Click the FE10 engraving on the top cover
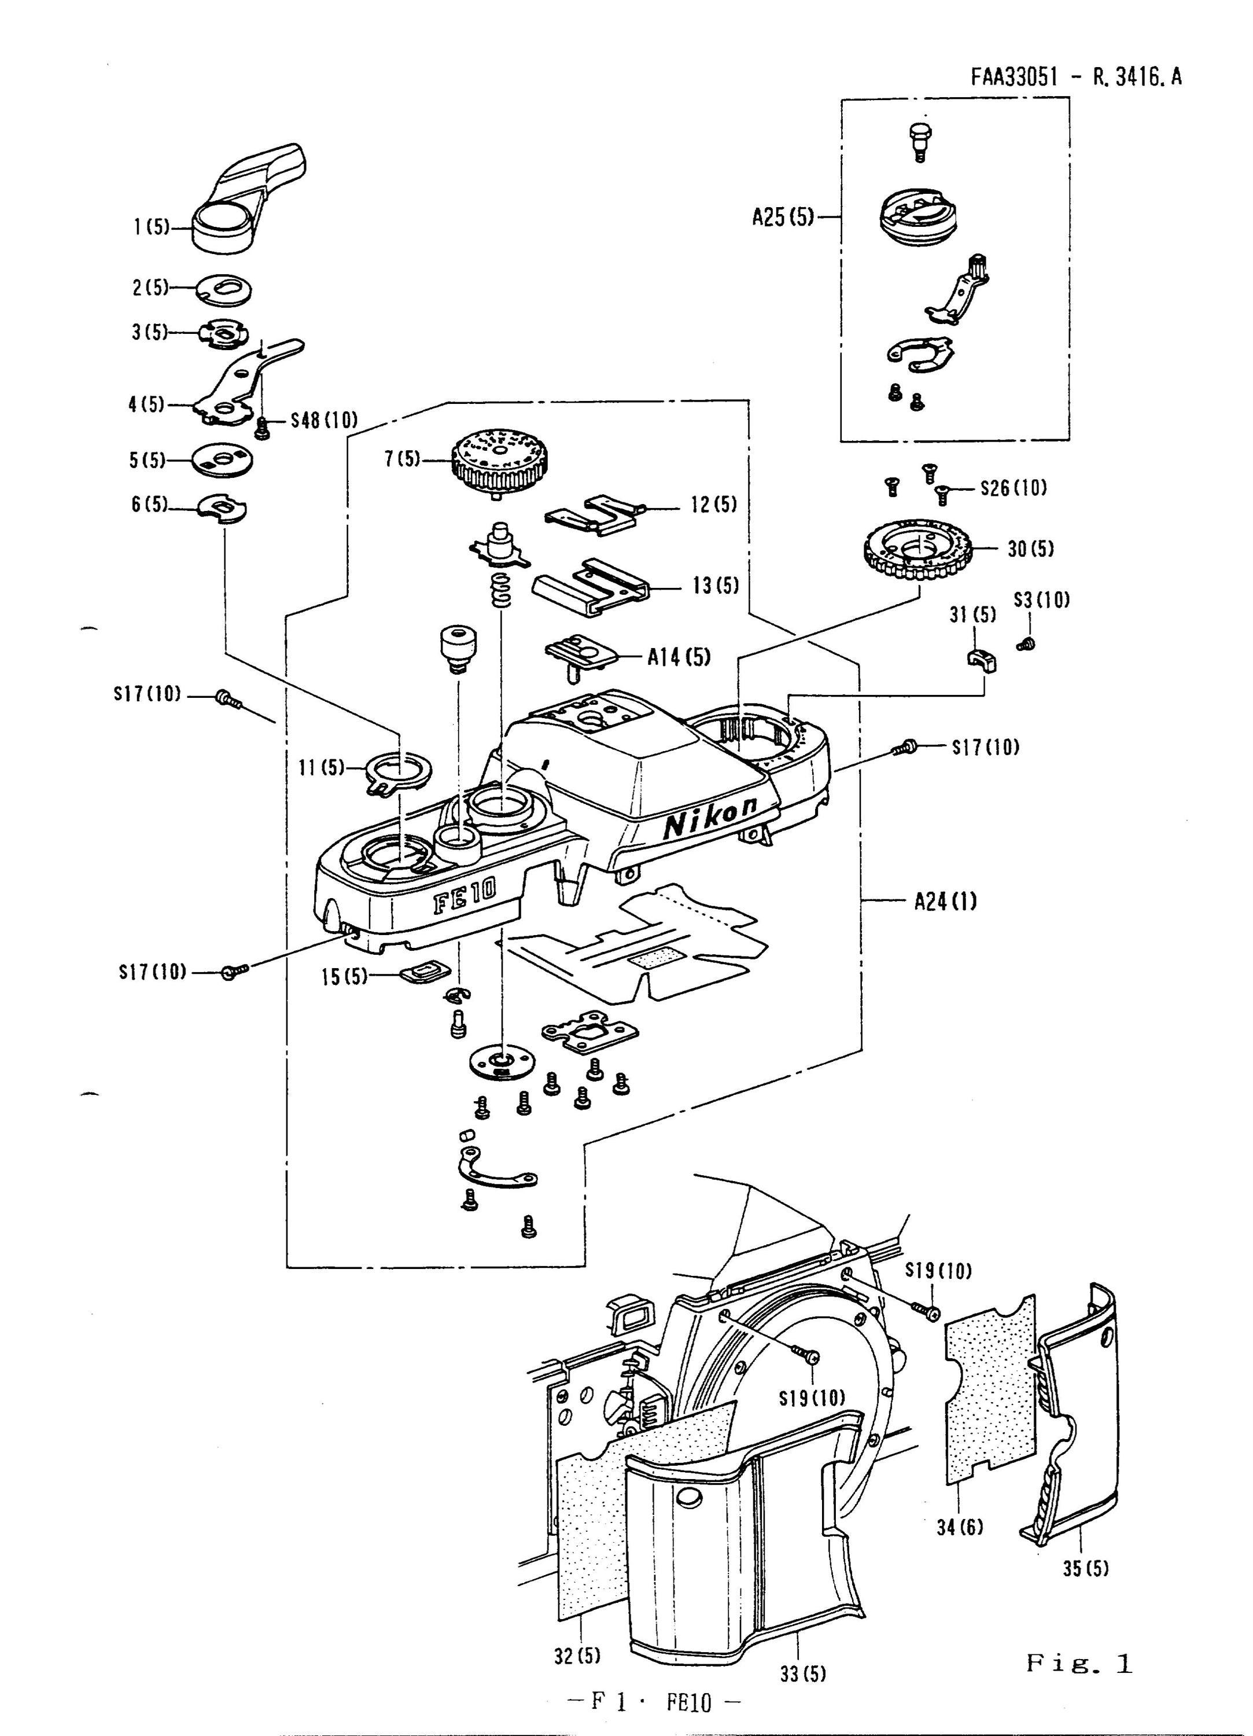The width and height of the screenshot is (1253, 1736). pos(464,894)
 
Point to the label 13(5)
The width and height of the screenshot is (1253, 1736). pos(716,586)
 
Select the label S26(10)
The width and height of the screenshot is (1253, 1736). pos(1014,488)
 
